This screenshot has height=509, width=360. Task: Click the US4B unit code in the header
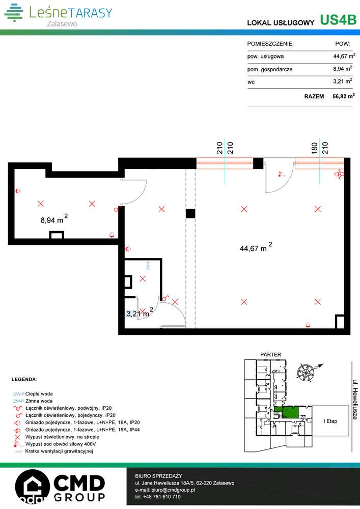click(338, 20)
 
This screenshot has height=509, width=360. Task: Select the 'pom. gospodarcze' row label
click(270, 69)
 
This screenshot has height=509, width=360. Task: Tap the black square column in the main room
click(190, 214)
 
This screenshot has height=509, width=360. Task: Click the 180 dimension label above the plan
click(315, 148)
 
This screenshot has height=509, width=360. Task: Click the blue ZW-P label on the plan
click(146, 265)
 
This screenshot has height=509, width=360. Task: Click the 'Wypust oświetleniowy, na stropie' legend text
click(62, 437)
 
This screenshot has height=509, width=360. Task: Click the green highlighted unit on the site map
click(289, 412)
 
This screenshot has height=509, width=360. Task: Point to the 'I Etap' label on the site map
click(330, 421)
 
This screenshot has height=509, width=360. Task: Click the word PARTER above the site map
click(270, 354)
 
